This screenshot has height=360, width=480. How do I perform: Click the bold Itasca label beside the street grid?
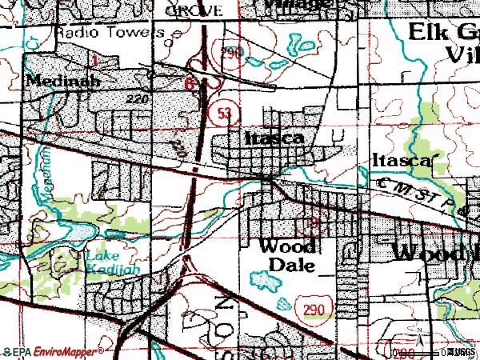click(274, 138)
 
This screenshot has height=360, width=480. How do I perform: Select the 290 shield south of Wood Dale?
click(313, 306)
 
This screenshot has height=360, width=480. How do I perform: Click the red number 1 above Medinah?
click(95, 61)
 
